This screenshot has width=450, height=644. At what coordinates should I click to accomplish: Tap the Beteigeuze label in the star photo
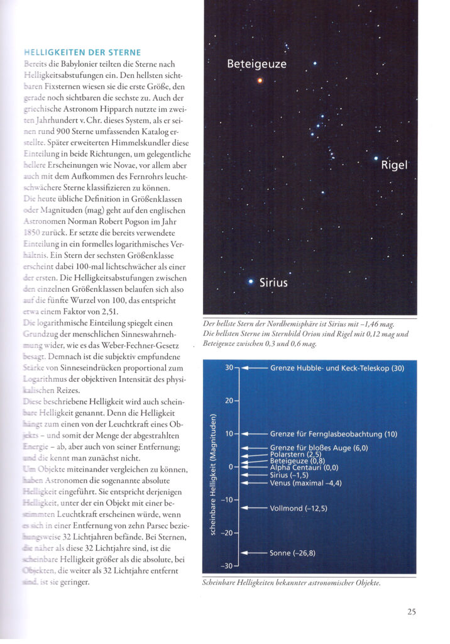(256, 64)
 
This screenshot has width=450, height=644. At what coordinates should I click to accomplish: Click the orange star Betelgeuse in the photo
(260, 80)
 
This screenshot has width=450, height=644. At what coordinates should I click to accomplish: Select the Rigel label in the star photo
(395, 165)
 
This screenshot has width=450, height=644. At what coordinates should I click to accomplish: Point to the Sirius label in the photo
(273, 282)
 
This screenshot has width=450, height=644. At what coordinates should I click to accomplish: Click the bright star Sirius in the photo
(251, 281)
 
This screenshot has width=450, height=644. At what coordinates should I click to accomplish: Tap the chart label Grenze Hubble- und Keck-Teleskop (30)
(337, 368)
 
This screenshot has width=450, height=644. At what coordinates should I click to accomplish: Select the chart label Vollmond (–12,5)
(299, 508)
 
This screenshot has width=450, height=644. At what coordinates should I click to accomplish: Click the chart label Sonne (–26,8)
(293, 553)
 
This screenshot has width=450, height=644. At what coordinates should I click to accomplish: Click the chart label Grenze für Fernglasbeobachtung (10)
(333, 433)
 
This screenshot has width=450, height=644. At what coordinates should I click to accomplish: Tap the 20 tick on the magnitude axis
(229, 401)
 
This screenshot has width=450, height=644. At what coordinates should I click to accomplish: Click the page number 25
(411, 610)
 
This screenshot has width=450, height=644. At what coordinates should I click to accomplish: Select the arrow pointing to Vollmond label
(254, 508)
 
